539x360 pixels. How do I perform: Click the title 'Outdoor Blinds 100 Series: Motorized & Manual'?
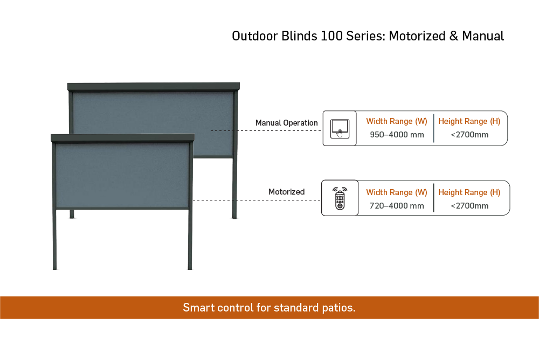[368, 36]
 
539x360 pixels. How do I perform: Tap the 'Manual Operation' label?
[286, 123]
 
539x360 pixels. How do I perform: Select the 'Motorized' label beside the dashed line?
[286, 191]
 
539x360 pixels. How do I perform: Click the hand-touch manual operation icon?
[340, 129]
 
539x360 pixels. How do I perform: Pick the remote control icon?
[340, 198]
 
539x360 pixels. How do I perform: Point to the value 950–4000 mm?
[397, 134]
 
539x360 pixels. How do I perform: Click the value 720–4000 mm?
[397, 206]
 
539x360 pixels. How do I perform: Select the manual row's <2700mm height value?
[469, 134]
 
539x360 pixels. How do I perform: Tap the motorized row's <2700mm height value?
[469, 206]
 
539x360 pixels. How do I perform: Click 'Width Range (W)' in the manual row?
[397, 121]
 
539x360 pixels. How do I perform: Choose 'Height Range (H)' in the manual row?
[469, 121]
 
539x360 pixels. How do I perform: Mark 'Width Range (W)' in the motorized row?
[397, 192]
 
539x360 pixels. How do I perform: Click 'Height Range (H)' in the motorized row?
[469, 192]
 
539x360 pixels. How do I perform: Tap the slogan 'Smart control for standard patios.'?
[269, 307]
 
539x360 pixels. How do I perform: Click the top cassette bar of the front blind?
[123, 138]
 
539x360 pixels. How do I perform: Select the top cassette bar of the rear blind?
[153, 87]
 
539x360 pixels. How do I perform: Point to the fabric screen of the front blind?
[122, 175]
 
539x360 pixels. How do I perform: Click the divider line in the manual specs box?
[433, 128]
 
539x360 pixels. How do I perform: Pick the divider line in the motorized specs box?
[433, 198]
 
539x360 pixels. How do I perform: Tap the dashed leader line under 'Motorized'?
[257, 200]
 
